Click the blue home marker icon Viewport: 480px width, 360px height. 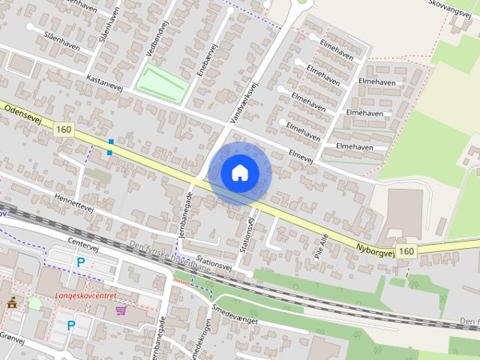[x=239, y=173]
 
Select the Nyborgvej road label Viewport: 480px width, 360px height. [x=376, y=247]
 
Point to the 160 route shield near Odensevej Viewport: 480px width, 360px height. [x=63, y=130]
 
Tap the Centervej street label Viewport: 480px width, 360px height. [x=82, y=244]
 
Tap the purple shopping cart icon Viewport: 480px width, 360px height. [x=120, y=308]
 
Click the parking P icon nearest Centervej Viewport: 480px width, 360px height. [x=80, y=262]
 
